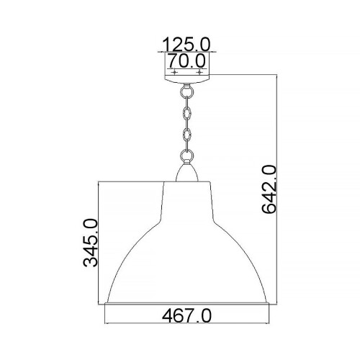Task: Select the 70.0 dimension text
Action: pyautogui.click(x=186, y=60)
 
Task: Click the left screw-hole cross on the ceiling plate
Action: pyautogui.click(x=174, y=73)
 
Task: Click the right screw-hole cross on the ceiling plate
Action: pyautogui.click(x=200, y=73)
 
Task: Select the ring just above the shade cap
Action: pyautogui.click(x=187, y=154)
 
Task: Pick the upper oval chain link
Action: pyautogui.click(x=187, y=113)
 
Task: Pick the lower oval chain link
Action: pyautogui.click(x=187, y=135)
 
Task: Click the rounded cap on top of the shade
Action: pyautogui.click(x=187, y=172)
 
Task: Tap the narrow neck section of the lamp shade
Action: pyautogui.click(x=187, y=194)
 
